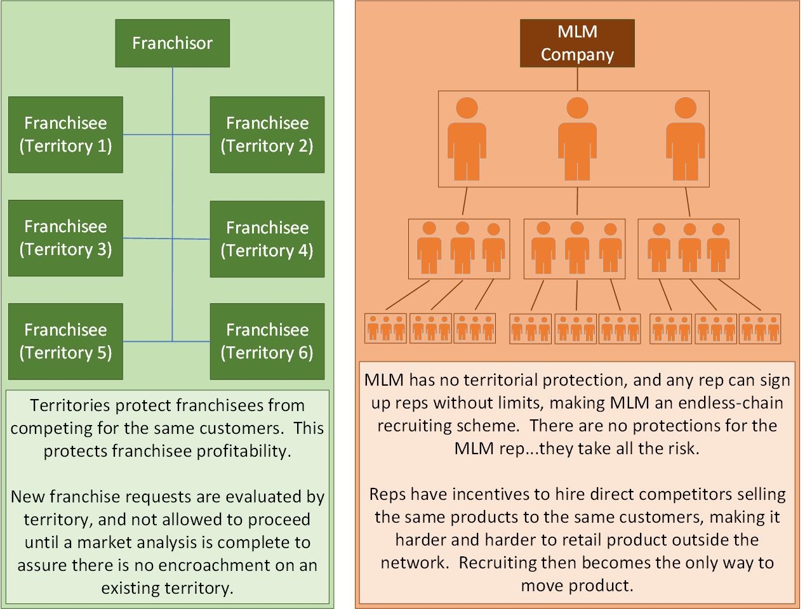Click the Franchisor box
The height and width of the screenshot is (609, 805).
pyautogui.click(x=172, y=43)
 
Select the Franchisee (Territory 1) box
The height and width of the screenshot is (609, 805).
pyautogui.click(x=65, y=134)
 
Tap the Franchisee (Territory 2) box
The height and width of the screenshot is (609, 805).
pyautogui.click(x=267, y=134)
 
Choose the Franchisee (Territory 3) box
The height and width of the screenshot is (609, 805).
pyautogui.click(x=65, y=238)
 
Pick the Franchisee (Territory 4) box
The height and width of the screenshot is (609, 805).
pyautogui.click(x=267, y=239)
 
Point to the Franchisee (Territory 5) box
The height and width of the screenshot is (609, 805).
pyautogui.click(x=65, y=341)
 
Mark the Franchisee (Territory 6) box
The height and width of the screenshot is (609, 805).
pyautogui.click(x=267, y=341)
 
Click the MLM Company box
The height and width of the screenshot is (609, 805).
pyautogui.click(x=577, y=43)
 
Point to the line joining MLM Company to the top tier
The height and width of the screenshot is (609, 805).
pyautogui.click(x=577, y=79)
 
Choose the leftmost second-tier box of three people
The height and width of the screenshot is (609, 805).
pyautogui.click(x=459, y=249)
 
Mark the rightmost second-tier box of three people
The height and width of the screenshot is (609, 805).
pyautogui.click(x=688, y=249)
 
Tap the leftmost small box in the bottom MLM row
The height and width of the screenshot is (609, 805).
pyautogui.click(x=385, y=328)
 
